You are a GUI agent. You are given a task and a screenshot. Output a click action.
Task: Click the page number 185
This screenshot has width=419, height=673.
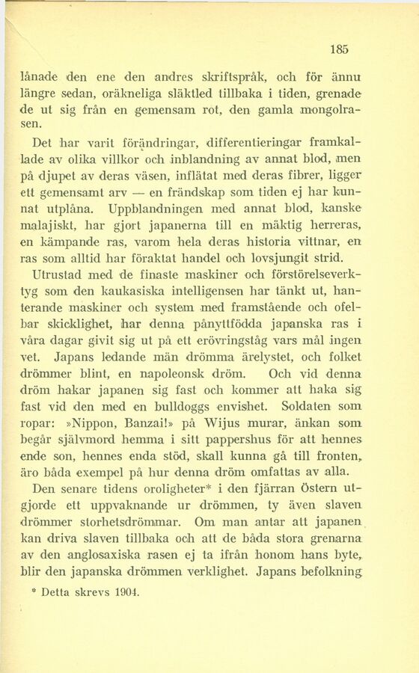(339, 49)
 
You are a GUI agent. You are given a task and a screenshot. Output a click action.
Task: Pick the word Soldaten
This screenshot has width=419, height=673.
(312, 407)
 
